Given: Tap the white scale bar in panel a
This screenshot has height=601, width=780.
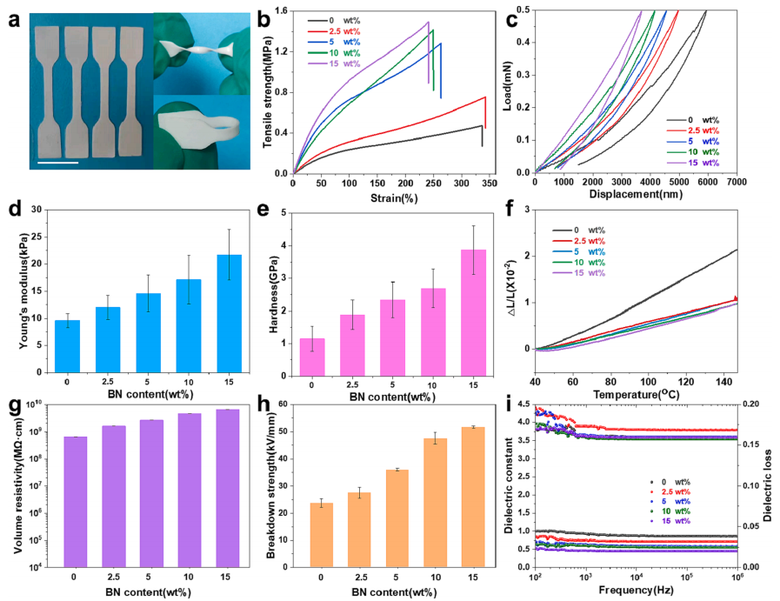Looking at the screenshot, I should pyautogui.click(x=57, y=162).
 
